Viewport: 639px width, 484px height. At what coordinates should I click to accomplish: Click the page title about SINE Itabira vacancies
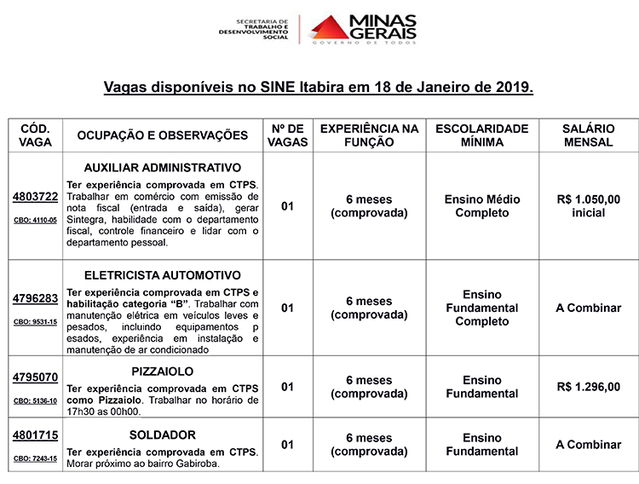(x=319, y=87)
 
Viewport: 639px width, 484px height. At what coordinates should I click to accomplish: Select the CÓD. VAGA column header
(x=35, y=135)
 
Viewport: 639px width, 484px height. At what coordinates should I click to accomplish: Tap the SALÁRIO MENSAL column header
(x=588, y=135)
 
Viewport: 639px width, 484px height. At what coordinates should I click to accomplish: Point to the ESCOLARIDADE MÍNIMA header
(x=481, y=135)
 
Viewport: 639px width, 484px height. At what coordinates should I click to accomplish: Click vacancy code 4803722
(x=35, y=197)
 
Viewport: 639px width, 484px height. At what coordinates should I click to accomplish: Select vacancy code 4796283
(x=35, y=298)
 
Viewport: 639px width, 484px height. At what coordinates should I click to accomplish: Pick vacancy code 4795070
(x=35, y=377)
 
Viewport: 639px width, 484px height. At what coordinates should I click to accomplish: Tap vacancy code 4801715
(x=35, y=435)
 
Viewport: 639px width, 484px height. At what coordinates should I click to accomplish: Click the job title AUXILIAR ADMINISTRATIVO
(x=163, y=167)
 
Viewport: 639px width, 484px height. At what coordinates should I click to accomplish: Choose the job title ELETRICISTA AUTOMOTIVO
(x=163, y=275)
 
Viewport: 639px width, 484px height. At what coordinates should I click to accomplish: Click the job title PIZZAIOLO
(x=163, y=372)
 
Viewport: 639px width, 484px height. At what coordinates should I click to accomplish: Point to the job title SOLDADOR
(x=163, y=435)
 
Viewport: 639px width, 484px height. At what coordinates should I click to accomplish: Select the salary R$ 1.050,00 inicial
(x=588, y=205)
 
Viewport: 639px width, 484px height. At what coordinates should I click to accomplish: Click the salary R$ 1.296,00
(x=588, y=387)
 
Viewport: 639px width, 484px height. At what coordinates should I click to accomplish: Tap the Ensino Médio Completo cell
(x=481, y=205)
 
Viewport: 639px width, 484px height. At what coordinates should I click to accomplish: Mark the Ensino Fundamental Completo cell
(x=481, y=308)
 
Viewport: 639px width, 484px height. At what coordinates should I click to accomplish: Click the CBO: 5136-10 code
(x=35, y=400)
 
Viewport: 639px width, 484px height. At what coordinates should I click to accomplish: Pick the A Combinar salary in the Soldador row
(x=588, y=445)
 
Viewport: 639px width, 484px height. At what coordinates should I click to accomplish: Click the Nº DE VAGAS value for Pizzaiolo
(x=287, y=387)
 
